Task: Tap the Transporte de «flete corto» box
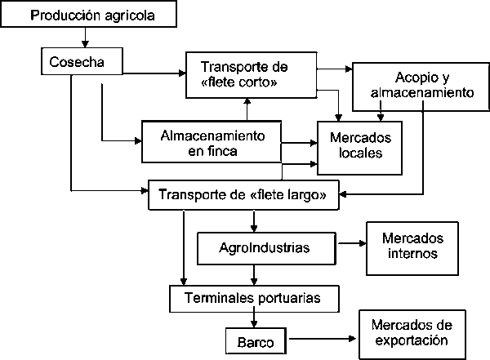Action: pyautogui.click(x=250, y=73)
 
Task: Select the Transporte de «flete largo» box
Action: pyautogui.click(x=244, y=195)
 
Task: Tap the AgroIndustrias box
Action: pyautogui.click(x=266, y=246)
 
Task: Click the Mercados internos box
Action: pyautogui.click(x=412, y=246)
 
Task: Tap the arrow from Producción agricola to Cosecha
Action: pyautogui.click(x=84, y=36)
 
